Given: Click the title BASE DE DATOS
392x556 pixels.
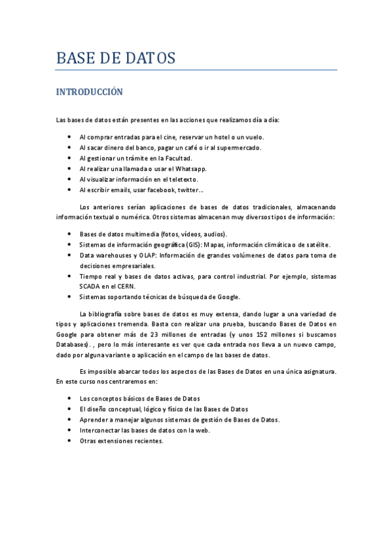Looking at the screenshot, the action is coord(116,58).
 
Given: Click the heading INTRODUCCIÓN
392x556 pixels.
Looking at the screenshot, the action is coord(89,92).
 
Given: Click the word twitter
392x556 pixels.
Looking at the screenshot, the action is coord(189,189).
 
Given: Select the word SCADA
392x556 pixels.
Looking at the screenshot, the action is coord(90,287).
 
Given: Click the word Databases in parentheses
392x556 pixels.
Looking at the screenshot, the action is coord(72,344).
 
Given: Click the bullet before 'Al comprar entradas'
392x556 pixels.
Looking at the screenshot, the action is coord(69,137).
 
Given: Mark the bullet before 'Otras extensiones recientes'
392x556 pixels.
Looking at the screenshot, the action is coord(69,441).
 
